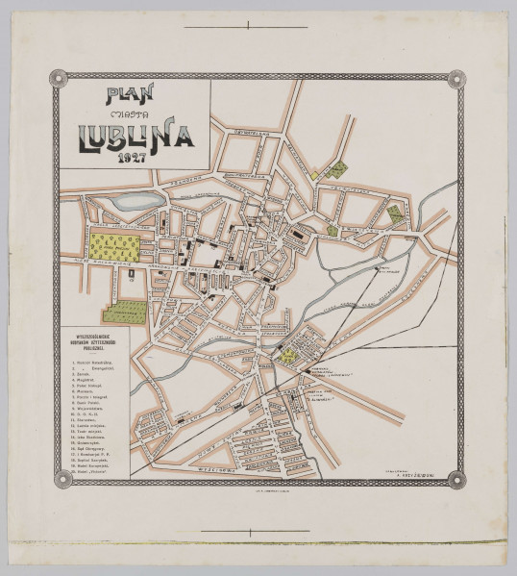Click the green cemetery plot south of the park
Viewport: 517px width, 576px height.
click(125, 312)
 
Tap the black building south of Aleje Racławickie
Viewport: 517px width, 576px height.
click(132, 275)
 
